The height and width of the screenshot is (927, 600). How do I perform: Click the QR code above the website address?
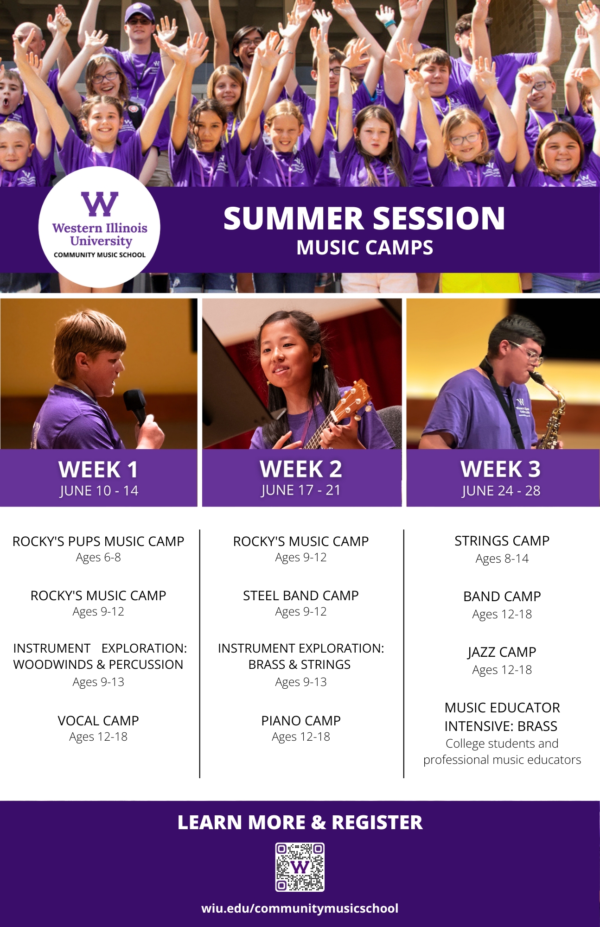point(300,867)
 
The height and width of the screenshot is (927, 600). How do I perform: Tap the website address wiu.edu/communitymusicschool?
point(300,908)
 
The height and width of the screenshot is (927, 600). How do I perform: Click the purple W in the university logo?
point(100,204)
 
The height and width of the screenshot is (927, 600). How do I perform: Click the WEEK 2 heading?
point(301,469)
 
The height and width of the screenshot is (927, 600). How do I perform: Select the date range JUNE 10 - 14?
point(99,490)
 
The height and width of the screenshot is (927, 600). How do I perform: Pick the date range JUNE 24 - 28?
point(501,490)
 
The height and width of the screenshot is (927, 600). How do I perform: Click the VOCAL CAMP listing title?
point(98,721)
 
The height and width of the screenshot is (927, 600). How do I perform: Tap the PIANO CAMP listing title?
point(301,721)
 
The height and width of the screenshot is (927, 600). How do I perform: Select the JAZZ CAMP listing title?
point(502,652)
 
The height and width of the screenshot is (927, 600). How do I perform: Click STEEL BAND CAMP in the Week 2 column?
point(301,596)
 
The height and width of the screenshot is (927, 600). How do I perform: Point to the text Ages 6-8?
point(98,558)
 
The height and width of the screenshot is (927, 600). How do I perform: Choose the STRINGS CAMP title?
point(502,541)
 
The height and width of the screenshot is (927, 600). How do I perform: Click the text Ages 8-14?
point(502,559)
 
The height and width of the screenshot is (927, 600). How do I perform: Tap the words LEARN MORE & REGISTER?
point(300,822)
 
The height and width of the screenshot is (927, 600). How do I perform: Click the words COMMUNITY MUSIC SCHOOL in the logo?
point(100,255)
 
